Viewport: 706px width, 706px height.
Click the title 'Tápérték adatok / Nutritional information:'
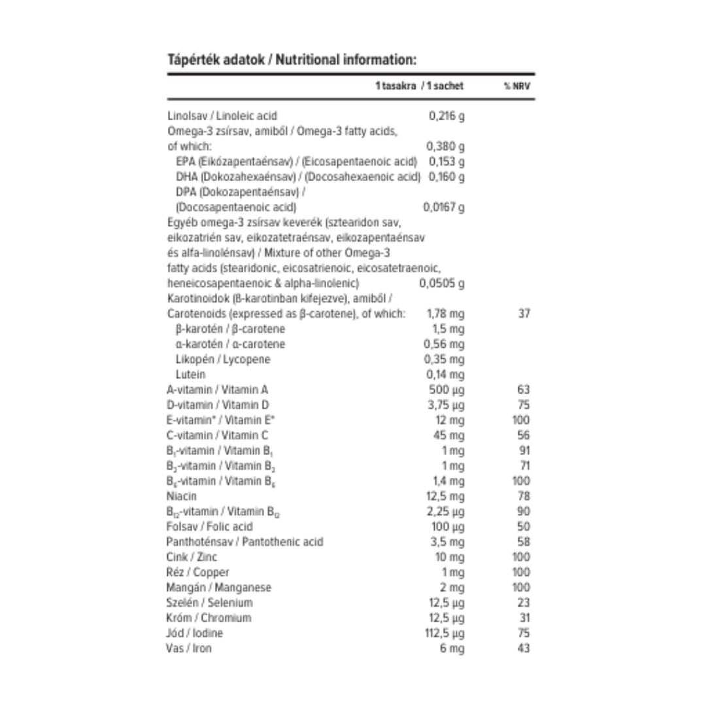click(292, 60)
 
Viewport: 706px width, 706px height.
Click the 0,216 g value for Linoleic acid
click(446, 116)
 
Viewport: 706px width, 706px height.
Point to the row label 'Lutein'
click(190, 375)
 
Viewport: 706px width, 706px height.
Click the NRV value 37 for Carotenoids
click(523, 313)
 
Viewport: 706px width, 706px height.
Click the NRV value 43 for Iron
click(523, 648)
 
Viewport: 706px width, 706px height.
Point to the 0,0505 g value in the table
click(442, 284)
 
